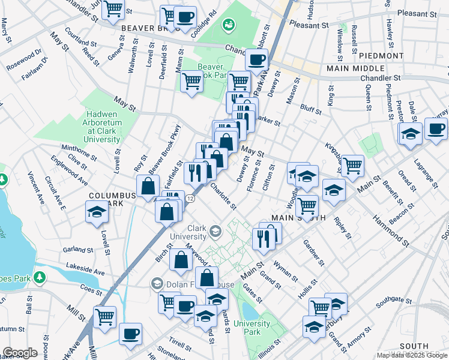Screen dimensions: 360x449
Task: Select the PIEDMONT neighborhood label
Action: [381, 55]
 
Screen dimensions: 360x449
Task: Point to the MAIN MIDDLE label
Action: [355, 68]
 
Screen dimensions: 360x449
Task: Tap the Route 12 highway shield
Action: [190, 198]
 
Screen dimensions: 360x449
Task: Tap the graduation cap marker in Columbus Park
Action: [96, 213]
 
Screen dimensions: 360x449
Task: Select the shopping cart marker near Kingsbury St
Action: [352, 164]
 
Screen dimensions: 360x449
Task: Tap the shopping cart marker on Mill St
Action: [105, 316]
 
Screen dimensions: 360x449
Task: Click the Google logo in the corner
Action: [20, 353]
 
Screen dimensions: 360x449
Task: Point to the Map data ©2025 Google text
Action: [412, 355]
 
